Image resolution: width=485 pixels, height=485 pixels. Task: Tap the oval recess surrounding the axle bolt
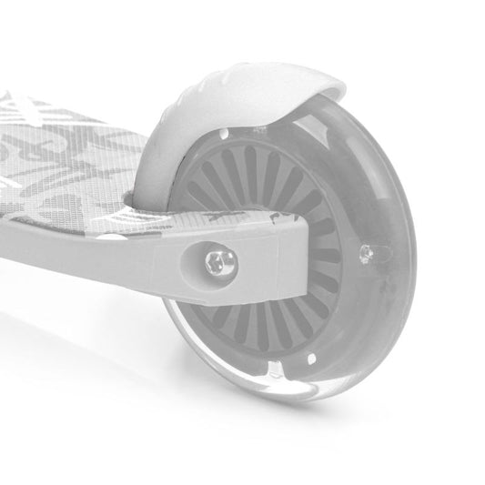click(206, 266)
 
